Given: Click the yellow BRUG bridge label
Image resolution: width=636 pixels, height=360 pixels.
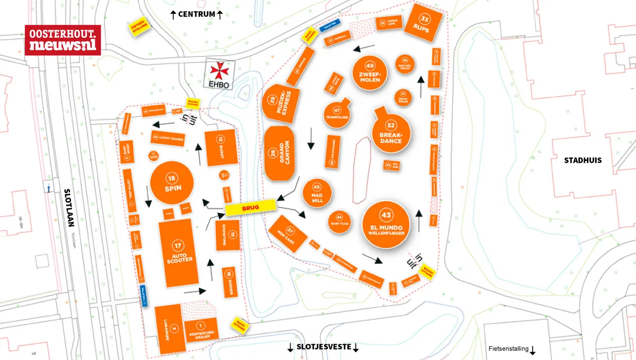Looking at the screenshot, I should (x=250, y=208).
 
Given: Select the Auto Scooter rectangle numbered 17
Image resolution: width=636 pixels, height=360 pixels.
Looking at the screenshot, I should (x=178, y=253).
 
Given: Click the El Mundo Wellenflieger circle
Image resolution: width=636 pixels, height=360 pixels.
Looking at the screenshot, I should (x=386, y=223).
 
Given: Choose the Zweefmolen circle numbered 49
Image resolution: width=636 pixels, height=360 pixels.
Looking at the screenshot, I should (x=369, y=73).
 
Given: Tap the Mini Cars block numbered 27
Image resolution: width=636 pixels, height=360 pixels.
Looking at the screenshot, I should (x=288, y=233).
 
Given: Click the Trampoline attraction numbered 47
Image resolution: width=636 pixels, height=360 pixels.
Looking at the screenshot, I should (x=337, y=114).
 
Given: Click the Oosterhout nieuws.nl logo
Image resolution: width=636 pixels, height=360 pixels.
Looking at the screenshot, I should (x=63, y=40).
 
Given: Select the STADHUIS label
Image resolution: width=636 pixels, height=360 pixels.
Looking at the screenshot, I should (x=582, y=160).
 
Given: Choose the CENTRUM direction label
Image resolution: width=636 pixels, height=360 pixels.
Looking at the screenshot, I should (x=196, y=14).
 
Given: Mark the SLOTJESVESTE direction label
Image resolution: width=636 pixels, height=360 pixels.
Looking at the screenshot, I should (x=323, y=347).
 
